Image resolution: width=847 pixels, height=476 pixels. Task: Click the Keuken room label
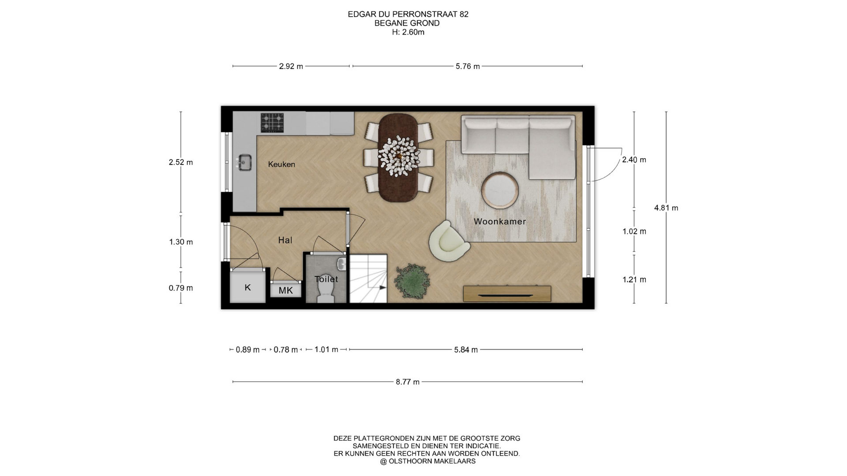click(x=281, y=164)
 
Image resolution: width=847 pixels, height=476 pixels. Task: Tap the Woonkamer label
click(x=500, y=221)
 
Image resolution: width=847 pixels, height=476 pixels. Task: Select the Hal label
click(x=285, y=240)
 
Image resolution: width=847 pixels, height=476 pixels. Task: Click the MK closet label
click(x=286, y=290)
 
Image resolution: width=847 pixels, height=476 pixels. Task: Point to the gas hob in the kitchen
click(x=272, y=123)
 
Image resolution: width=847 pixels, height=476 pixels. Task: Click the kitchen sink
click(x=244, y=162)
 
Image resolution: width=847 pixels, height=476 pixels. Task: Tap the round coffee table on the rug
click(x=500, y=190)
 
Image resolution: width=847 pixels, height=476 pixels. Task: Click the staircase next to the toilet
click(x=368, y=279)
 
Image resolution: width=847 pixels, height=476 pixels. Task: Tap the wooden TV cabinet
click(x=507, y=294)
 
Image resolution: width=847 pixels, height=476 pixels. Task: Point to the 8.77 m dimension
click(x=408, y=382)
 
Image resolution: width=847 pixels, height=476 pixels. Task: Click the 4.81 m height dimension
click(x=666, y=208)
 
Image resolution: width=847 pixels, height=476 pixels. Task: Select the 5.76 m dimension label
click(x=468, y=66)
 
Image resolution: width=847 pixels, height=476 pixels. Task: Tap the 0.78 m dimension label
click(x=285, y=350)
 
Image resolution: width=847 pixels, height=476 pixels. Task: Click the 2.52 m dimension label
click(x=181, y=162)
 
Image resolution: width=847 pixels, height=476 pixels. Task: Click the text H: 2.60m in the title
click(x=408, y=32)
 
